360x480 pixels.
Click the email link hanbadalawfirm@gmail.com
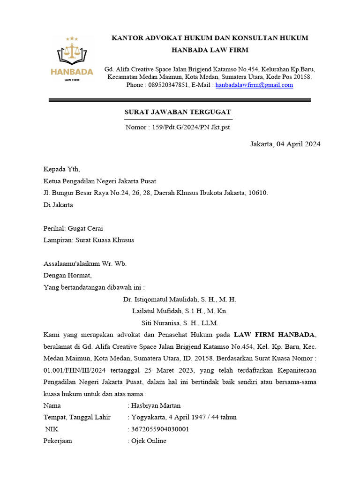[x=254, y=85]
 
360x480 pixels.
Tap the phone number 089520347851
[x=168, y=85]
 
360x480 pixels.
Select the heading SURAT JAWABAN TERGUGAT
[x=177, y=112]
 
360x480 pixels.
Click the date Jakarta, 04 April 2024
[x=285, y=144]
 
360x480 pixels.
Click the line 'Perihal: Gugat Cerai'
[x=73, y=228]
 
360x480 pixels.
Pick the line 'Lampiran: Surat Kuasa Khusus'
[x=89, y=240]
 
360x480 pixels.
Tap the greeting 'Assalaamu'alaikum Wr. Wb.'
[x=85, y=263]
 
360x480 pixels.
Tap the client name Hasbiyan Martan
[x=156, y=405]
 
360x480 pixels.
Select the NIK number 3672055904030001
[x=160, y=429]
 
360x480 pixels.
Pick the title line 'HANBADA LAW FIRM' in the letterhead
[x=210, y=50]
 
